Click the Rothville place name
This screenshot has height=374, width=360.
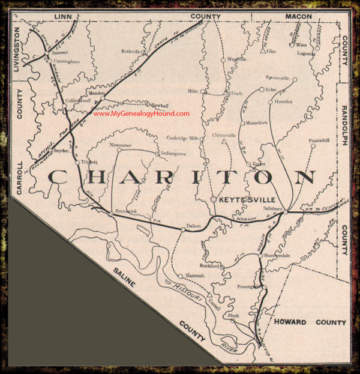coord(131,52)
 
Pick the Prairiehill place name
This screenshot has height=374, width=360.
coord(317,142)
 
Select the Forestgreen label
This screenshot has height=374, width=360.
coord(250,288)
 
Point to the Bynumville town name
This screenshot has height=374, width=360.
coord(277,78)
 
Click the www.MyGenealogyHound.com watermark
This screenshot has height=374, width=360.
coord(142,114)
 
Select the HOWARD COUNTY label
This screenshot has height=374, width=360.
coord(310,322)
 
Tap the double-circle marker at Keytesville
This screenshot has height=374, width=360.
coord(213,198)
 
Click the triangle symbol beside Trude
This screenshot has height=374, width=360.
coord(225,94)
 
